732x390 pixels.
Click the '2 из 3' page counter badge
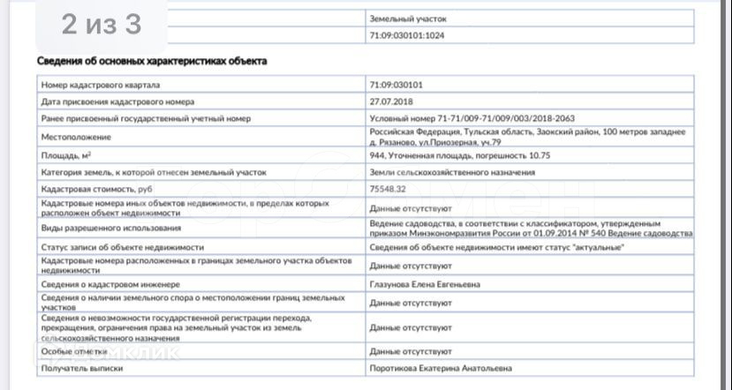102,26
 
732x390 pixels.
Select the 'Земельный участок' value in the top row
408,18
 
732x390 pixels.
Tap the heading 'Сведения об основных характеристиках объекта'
151,61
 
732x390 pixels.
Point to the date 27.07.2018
391,101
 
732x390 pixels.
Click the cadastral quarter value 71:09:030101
396,85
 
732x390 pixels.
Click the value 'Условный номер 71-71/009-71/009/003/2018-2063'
472,118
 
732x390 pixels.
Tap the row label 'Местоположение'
76,137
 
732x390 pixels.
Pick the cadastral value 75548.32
388,189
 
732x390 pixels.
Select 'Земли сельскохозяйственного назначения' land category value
452,172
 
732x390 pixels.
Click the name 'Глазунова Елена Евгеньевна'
426,285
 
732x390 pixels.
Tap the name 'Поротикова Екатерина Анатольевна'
441,368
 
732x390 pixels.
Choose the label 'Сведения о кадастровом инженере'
110,285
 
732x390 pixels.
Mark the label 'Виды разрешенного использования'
110,228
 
